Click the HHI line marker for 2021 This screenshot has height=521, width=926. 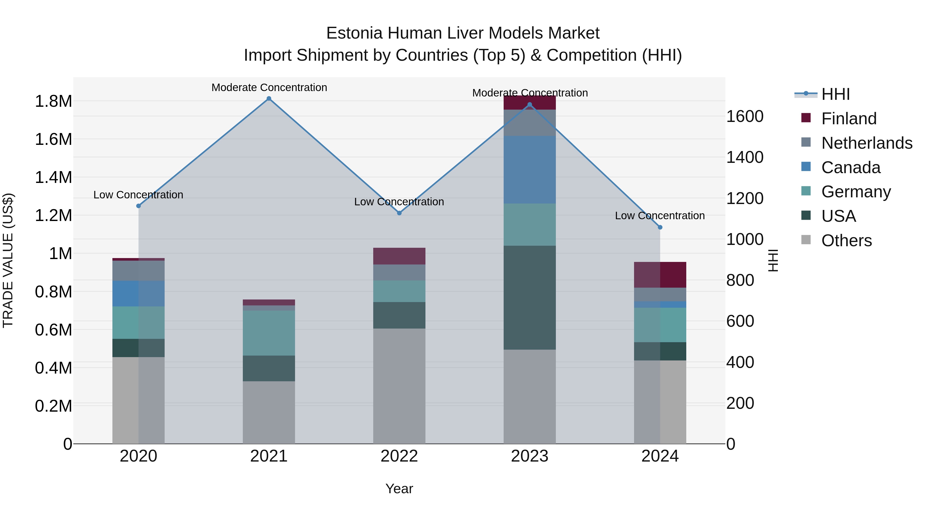point(269,99)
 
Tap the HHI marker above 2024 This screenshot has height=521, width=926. point(660,227)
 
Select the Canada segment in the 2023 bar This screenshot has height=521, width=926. point(530,170)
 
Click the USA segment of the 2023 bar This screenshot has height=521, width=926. point(530,298)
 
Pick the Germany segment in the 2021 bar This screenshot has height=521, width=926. point(269,333)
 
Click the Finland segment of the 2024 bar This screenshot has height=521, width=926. point(660,275)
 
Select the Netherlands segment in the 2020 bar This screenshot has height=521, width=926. point(138,271)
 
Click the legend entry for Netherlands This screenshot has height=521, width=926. point(867,143)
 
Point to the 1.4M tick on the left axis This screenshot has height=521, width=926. point(53,178)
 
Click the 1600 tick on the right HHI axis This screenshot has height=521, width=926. point(745,117)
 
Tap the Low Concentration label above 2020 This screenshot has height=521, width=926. point(138,195)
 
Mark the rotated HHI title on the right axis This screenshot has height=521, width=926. point(772,260)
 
